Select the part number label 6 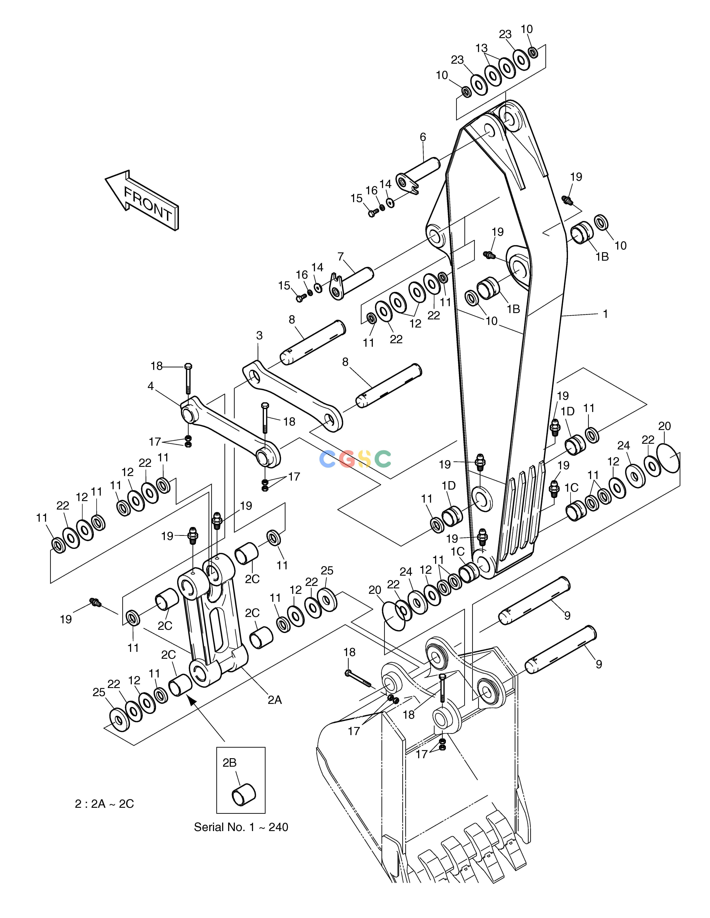click(423, 137)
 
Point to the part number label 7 click(341, 256)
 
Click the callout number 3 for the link click(259, 335)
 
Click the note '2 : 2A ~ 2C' click(104, 804)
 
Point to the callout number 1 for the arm click(605, 314)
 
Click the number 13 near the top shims click(482, 48)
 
